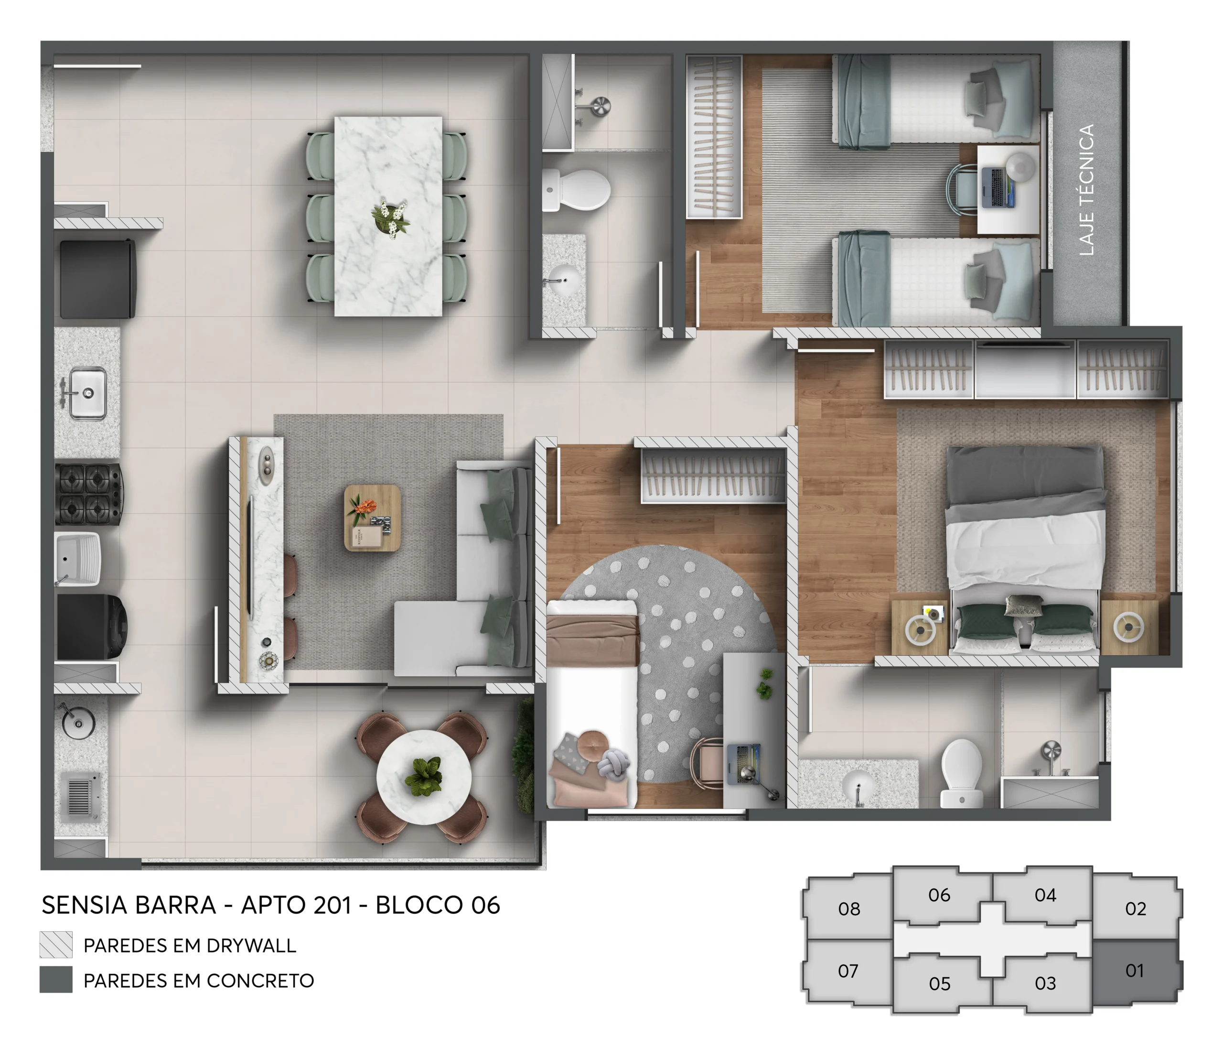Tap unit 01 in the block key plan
tap(1134, 970)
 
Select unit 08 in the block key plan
tap(848, 908)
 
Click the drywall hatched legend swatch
tap(56, 945)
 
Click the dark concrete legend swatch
tap(56, 980)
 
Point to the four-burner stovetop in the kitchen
tap(88, 494)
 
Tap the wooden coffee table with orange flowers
tap(372, 518)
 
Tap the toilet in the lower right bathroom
tap(961, 771)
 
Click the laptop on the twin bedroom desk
tap(998, 187)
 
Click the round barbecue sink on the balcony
tap(78, 722)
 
